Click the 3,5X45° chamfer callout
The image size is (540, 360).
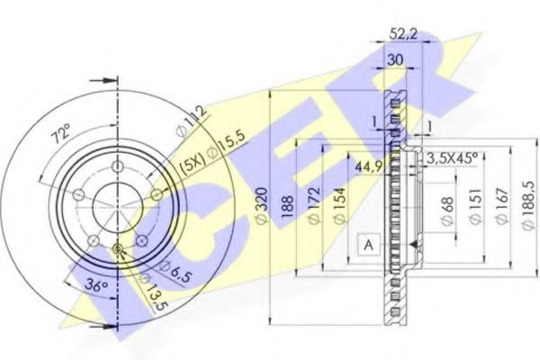[452, 157]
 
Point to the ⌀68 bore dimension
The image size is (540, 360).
[446, 208]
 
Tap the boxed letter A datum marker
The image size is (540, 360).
[367, 243]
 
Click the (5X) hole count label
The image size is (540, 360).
[192, 164]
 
